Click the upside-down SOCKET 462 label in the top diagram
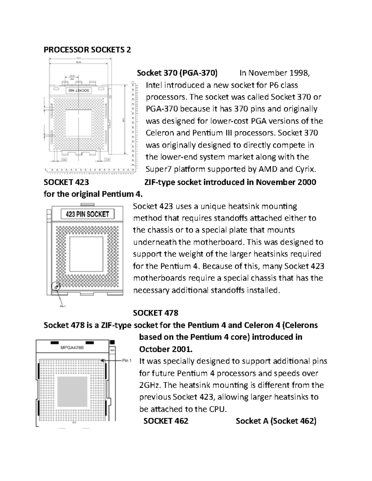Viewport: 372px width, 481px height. (x=78, y=90)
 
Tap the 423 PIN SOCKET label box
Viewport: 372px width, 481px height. (x=87, y=214)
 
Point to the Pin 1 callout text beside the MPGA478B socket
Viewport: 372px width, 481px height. (x=127, y=361)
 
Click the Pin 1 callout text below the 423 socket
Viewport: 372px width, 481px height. (x=63, y=306)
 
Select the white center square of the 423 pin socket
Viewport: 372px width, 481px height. (x=86, y=254)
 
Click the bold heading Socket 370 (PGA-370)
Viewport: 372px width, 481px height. (x=177, y=73)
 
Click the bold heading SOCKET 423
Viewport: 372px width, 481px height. (x=66, y=182)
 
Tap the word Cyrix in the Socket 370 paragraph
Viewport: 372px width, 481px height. (x=305, y=169)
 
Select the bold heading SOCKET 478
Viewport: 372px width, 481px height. (x=156, y=313)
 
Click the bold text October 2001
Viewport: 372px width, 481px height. (x=166, y=349)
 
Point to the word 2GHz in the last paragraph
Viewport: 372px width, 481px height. (x=150, y=385)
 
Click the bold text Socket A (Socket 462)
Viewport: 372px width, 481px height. (x=276, y=421)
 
